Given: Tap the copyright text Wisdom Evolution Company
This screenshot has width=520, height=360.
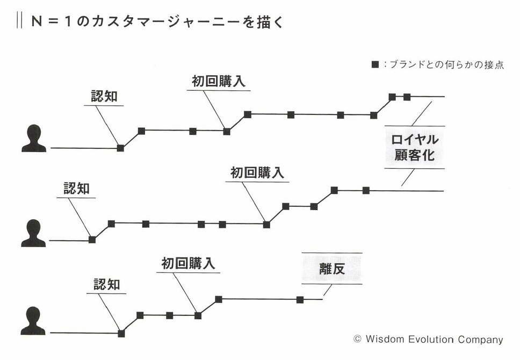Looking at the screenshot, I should tap(429, 340).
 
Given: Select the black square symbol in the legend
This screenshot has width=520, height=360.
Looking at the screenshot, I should tap(375, 66).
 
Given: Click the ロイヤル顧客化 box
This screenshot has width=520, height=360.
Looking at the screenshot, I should tap(414, 148).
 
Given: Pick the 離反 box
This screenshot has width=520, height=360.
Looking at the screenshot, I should tap(331, 269).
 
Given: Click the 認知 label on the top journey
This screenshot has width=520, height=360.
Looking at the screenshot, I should tap(104, 96).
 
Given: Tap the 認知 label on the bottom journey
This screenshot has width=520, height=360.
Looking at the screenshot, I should tap(106, 284).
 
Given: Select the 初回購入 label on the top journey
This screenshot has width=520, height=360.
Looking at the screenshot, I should tap(219, 81).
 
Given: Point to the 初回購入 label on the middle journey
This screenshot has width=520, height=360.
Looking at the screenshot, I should tap(257, 173).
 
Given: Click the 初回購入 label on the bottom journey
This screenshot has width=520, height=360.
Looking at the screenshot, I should tap(188, 263).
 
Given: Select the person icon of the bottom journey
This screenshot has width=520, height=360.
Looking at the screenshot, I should tap(33, 321).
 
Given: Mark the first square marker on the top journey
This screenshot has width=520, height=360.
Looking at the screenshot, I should tap(120, 148).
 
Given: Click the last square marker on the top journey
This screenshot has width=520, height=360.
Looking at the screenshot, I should tap(407, 97).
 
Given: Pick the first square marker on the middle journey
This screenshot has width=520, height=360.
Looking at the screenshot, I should tap(92, 240).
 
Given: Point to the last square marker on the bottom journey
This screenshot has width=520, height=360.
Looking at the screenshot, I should tap(300, 299).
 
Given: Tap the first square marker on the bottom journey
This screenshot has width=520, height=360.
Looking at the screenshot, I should tap(121, 334).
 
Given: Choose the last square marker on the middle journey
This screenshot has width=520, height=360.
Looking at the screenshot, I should tap(366, 190).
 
